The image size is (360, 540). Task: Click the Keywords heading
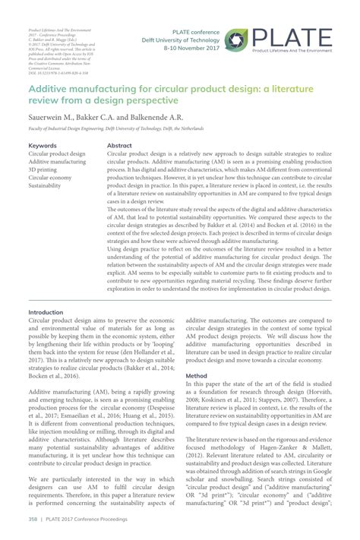click(43, 145)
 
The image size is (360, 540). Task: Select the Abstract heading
click(119, 145)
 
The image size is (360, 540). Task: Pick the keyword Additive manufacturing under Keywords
click(58, 162)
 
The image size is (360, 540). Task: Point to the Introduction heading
click(46, 312)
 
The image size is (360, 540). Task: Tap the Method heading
click(196, 375)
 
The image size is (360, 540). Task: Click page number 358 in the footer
click(33, 519)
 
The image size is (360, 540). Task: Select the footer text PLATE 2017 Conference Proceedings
click(87, 519)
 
